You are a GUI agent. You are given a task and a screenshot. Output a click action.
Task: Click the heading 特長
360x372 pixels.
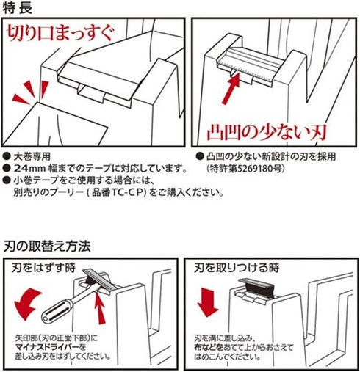(x=17, y=8)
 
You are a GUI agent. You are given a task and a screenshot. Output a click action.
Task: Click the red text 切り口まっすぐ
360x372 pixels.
(x=60, y=34)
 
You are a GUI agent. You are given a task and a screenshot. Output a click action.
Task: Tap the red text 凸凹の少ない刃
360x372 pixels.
(x=267, y=133)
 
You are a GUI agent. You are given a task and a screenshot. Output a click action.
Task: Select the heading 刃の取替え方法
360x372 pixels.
(x=47, y=247)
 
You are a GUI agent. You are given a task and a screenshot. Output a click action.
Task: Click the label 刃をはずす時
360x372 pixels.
(x=43, y=269)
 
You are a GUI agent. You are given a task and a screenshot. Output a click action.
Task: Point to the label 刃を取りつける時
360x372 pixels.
(x=237, y=268)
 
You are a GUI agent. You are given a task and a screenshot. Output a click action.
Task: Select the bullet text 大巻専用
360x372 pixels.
(x=32, y=156)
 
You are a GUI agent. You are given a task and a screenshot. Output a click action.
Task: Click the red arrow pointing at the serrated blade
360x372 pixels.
(x=231, y=88)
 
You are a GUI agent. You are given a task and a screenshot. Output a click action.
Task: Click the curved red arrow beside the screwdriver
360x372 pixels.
(x=27, y=304)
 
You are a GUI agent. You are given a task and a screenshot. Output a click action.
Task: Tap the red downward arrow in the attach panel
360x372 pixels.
(x=207, y=302)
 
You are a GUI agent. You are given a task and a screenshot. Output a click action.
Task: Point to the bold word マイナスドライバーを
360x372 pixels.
(x=51, y=347)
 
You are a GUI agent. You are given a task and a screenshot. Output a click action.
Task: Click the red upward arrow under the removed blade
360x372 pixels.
(x=100, y=308)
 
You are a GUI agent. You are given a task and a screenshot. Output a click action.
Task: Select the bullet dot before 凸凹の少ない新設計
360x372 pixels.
(x=200, y=156)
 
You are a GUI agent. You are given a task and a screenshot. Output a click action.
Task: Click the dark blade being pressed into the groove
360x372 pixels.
(x=257, y=288)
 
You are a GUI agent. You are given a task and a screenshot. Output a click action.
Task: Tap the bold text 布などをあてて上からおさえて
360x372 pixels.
(x=244, y=347)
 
